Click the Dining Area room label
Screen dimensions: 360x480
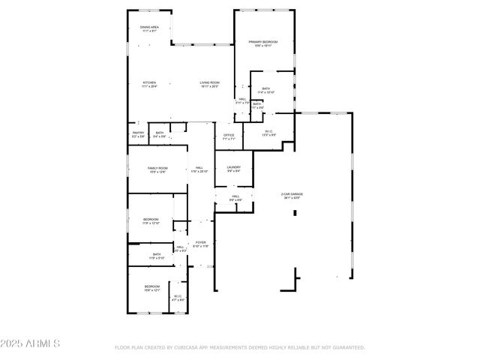pos(149,27)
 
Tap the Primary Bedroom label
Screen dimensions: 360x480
pos(263,42)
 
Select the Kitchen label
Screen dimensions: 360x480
pos(149,82)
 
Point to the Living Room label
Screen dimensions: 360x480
pos(209,82)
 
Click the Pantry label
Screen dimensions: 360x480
pos(138,133)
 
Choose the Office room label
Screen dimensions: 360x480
pos(229,135)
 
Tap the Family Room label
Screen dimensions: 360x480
pos(157,168)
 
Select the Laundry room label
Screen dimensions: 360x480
pos(233,167)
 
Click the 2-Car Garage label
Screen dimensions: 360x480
pos(292,193)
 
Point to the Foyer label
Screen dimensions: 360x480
pos(201,242)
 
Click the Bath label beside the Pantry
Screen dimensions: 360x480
pos(160,133)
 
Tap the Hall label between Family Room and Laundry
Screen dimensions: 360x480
pos(199,167)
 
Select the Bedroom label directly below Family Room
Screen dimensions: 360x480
pos(151,219)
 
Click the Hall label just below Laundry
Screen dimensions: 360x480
pos(235,196)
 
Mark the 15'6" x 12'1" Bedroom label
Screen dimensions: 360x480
pos(152,286)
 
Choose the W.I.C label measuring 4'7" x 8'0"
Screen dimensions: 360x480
pos(178,296)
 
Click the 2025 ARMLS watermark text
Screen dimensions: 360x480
pos(30,343)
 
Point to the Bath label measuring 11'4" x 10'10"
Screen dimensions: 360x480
pos(266,88)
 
